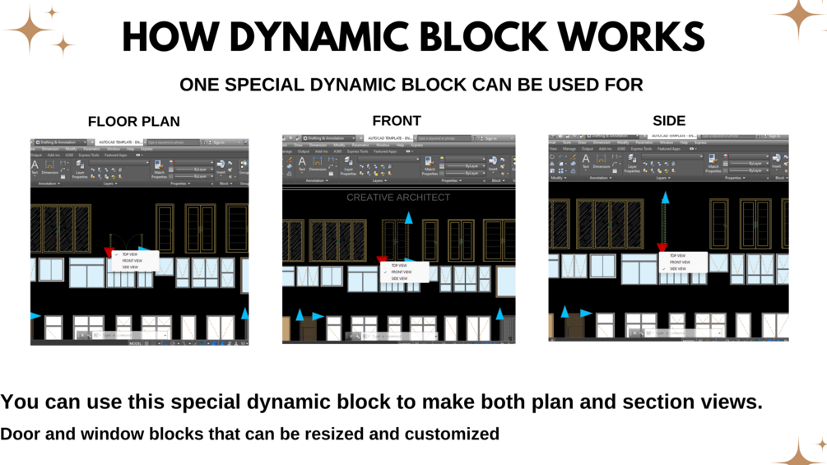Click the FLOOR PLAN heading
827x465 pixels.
tap(133, 121)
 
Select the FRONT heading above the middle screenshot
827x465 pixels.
tap(397, 120)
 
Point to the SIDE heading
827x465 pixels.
tap(669, 120)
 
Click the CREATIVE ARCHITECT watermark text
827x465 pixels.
tap(398, 198)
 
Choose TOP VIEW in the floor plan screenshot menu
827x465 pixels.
tap(130, 254)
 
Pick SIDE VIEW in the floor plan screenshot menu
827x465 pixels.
tap(130, 267)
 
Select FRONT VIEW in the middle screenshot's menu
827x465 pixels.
tap(402, 272)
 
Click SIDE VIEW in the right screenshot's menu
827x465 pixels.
tap(678, 269)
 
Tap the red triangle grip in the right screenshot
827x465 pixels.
tap(662, 247)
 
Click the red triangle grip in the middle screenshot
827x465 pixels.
tap(382, 261)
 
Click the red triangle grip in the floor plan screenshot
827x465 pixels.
tap(109, 252)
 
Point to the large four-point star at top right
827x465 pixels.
tap(797, 17)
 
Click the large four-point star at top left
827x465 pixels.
tap(29, 30)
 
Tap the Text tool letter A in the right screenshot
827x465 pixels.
tap(586, 160)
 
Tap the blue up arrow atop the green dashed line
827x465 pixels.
tap(665, 198)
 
